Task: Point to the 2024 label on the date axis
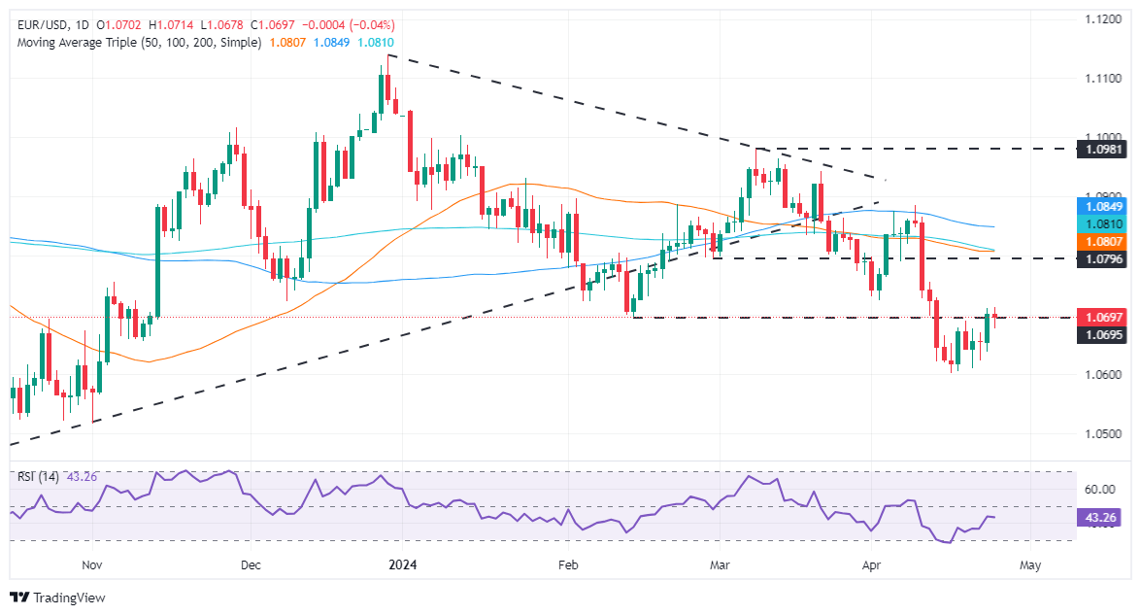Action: pyautogui.click(x=401, y=564)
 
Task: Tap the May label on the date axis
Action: pyautogui.click(x=1031, y=564)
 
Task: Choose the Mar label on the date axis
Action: pyautogui.click(x=720, y=564)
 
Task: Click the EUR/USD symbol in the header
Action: pyautogui.click(x=42, y=24)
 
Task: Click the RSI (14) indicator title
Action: pyautogui.click(x=39, y=476)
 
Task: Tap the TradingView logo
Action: pyautogui.click(x=57, y=598)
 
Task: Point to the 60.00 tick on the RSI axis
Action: pyautogui.click(x=1097, y=490)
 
